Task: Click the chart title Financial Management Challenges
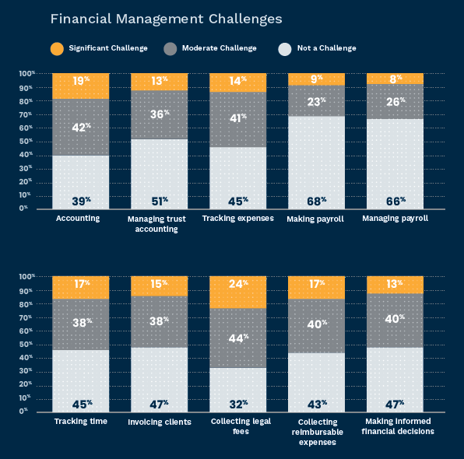click(x=166, y=19)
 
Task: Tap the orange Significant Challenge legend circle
click(x=57, y=49)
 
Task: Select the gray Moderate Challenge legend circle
click(x=170, y=49)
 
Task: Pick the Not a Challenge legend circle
click(x=285, y=49)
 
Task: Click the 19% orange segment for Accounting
click(x=81, y=86)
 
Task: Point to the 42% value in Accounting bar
click(x=82, y=128)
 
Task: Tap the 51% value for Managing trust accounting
click(x=160, y=201)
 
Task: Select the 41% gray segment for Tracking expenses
click(x=238, y=120)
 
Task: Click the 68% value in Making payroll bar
click(x=317, y=201)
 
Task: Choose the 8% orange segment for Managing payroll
click(x=395, y=79)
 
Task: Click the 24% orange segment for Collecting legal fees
click(x=238, y=293)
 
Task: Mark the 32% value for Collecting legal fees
click(x=238, y=404)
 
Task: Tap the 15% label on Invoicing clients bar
click(x=159, y=284)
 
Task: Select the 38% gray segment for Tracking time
click(x=81, y=324)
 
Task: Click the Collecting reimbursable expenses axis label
click(x=318, y=432)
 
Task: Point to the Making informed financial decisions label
click(x=398, y=426)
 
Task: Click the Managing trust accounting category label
click(x=156, y=224)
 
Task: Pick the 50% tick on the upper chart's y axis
click(x=26, y=142)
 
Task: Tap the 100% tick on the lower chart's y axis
click(x=27, y=277)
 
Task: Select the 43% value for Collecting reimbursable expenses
click(x=317, y=404)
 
